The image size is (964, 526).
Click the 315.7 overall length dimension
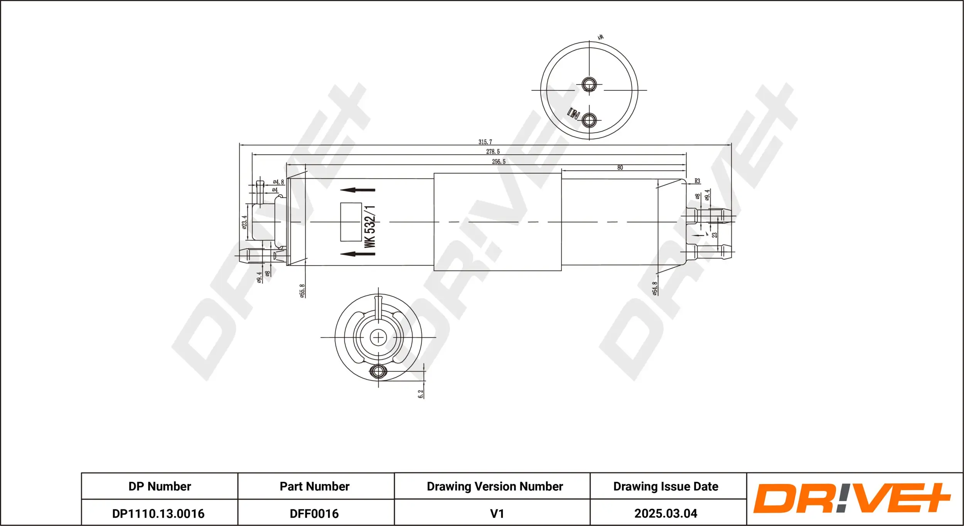tap(485, 142)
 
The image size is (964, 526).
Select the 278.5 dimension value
tap(493, 152)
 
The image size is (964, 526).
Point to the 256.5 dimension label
tap(499, 162)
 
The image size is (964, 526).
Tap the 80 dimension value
tap(620, 167)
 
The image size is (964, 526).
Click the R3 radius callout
tap(697, 181)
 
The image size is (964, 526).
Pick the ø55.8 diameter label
tap(302, 291)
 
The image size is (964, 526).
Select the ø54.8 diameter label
tap(655, 288)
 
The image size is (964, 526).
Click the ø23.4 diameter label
tap(244, 222)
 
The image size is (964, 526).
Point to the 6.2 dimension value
tap(421, 394)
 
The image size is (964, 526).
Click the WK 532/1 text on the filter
tap(370, 227)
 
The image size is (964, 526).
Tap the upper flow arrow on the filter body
tap(357, 190)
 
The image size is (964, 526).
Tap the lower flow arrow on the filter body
tap(357, 254)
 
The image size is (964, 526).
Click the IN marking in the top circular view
tap(573, 113)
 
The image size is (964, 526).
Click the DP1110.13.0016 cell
tap(158, 513)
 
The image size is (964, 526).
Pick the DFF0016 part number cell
tap(314, 513)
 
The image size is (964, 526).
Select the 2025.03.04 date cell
tap(666, 513)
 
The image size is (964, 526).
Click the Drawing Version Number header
tap(495, 486)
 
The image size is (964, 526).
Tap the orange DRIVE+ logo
tap(852, 498)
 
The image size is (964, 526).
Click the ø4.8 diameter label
tap(278, 182)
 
